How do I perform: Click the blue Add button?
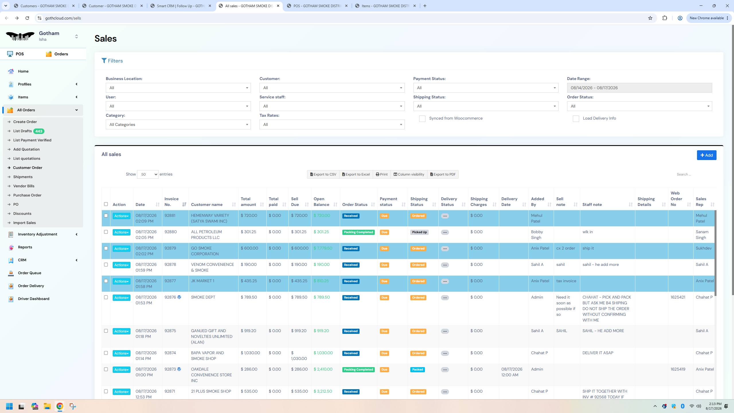[706, 155]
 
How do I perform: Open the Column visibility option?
[409, 174]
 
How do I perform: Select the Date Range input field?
[639, 88]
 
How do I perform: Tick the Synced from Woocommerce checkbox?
[422, 119]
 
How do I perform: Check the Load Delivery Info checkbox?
[576, 119]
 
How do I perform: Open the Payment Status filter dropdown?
[486, 88]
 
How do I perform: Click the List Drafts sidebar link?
[22, 131]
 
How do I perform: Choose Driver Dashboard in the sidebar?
[34, 299]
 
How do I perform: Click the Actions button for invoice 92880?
[121, 232]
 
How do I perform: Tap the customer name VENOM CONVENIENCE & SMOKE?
[212, 267]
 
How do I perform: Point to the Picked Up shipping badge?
[419, 232]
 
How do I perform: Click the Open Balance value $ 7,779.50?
[323, 248]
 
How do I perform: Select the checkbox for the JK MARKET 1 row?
[106, 281]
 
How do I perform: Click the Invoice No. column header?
[171, 202]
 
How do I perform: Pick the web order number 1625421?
[678, 297]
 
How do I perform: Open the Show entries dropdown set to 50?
[148, 174]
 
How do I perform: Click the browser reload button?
[27, 18]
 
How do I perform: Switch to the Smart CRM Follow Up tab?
[181, 6]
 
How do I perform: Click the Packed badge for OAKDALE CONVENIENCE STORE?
[417, 370]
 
